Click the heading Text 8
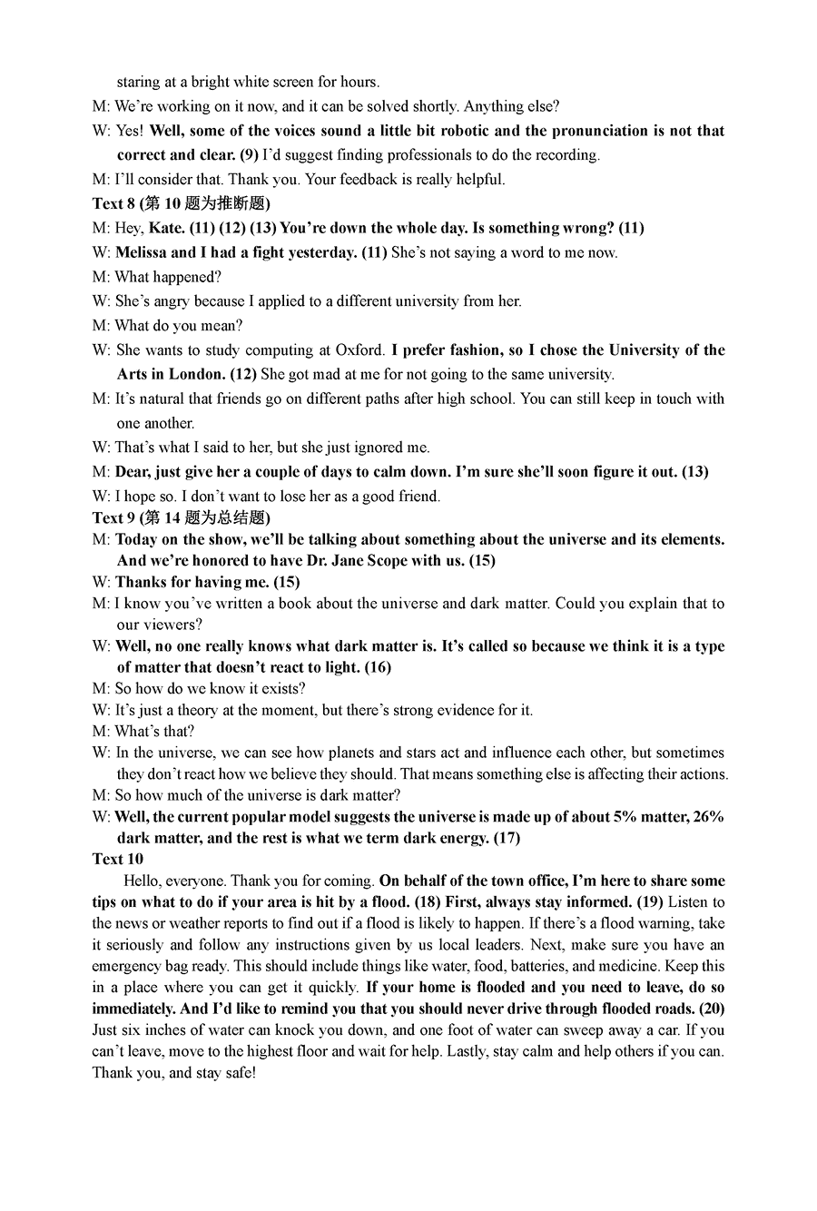(x=113, y=203)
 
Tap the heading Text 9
(x=113, y=517)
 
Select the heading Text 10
(x=118, y=859)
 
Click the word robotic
(x=465, y=131)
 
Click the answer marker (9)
(x=250, y=155)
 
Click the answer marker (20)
(x=711, y=1009)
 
